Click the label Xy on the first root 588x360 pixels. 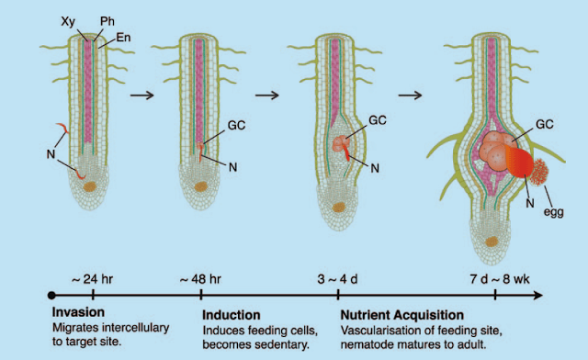68,18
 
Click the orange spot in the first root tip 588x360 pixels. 90,186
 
